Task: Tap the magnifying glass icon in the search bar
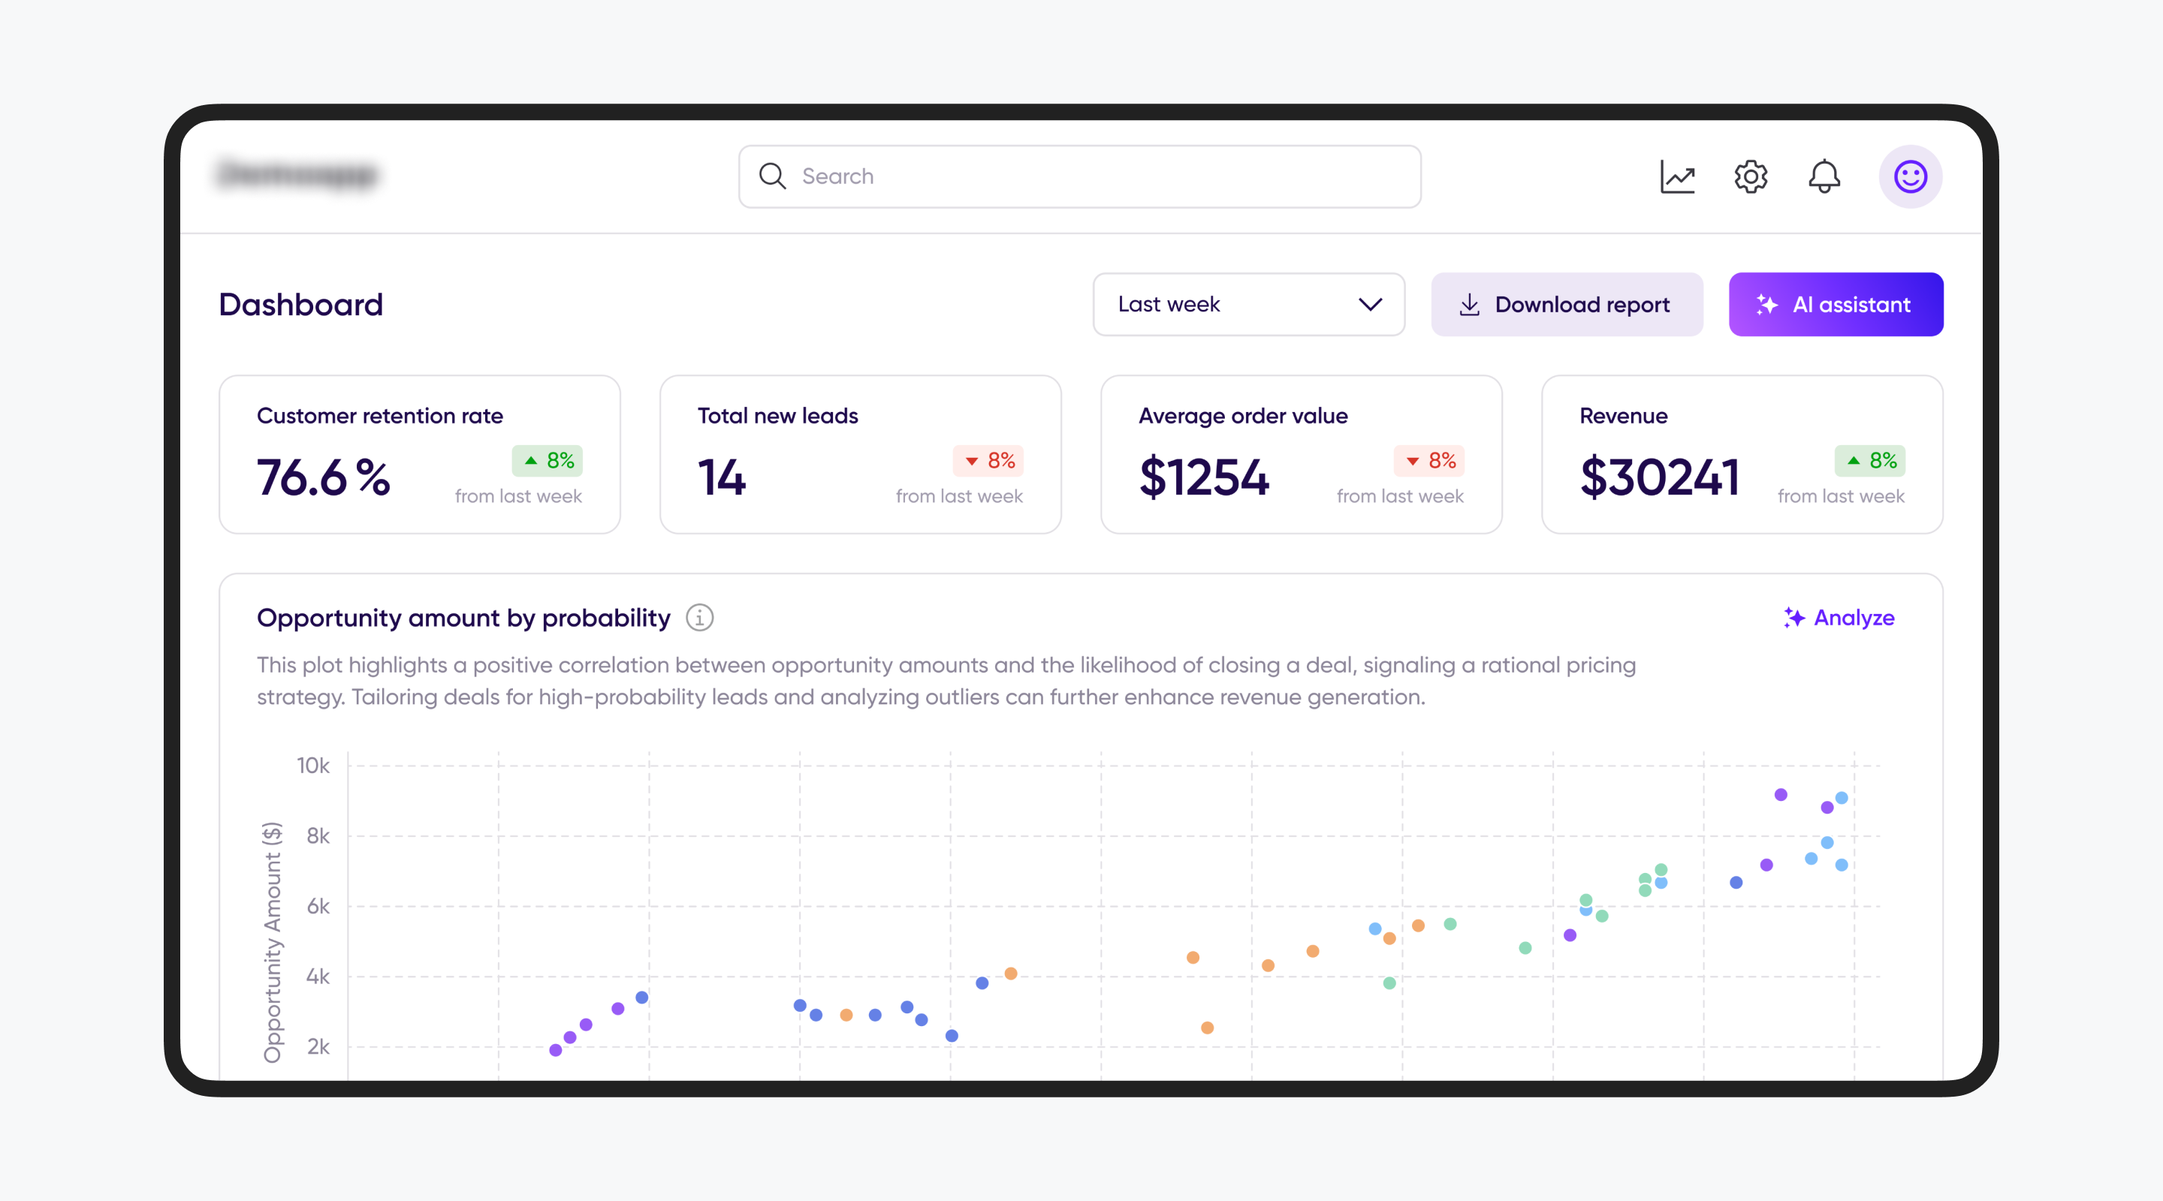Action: click(771, 176)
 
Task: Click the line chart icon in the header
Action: click(1677, 176)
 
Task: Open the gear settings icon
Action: click(1751, 176)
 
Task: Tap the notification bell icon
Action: click(1824, 176)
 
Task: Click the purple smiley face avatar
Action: click(1910, 176)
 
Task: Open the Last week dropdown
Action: click(1248, 304)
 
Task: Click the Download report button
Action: click(1567, 304)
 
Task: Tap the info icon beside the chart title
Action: click(699, 618)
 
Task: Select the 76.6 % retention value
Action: click(323, 477)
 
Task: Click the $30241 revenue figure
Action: click(1659, 477)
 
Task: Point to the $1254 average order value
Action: click(1204, 477)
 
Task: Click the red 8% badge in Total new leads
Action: click(988, 460)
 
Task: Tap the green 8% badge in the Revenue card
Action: click(1870, 460)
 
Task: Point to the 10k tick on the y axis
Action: click(313, 766)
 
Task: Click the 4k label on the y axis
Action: click(318, 976)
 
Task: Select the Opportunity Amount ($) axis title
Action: click(272, 942)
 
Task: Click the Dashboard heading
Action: click(300, 304)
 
